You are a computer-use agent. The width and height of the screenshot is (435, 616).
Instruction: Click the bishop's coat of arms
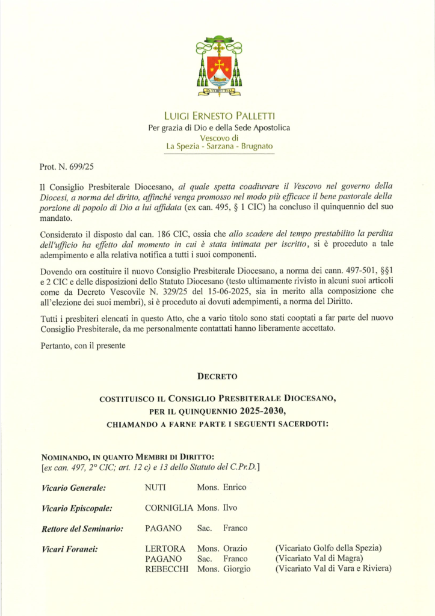[x=219, y=66]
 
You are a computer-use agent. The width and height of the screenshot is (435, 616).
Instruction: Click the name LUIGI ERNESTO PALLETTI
[x=219, y=115]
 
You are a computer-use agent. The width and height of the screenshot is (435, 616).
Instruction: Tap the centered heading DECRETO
[x=217, y=377]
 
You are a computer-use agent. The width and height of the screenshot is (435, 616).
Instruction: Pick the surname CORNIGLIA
[x=169, y=508]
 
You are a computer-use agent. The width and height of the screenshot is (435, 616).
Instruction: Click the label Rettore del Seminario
[x=82, y=529]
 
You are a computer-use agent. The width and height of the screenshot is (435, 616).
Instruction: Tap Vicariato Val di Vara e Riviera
[x=333, y=569]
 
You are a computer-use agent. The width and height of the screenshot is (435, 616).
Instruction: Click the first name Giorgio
[x=236, y=569]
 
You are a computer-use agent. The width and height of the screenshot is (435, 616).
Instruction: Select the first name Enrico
[x=235, y=487]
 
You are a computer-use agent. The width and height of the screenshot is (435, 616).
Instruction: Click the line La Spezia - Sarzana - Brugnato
[x=219, y=147]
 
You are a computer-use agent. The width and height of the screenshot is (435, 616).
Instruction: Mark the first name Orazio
[x=235, y=549]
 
